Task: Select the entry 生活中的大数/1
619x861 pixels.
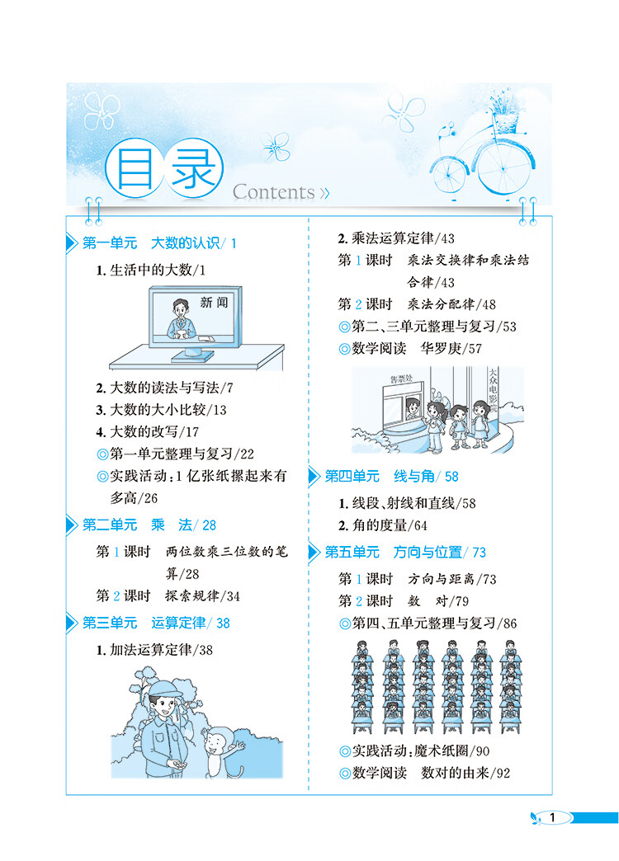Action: [155, 271]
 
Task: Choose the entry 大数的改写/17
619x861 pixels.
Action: [153, 431]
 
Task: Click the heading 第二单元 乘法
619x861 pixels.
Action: [149, 525]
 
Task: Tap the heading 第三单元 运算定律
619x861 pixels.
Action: [156, 623]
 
